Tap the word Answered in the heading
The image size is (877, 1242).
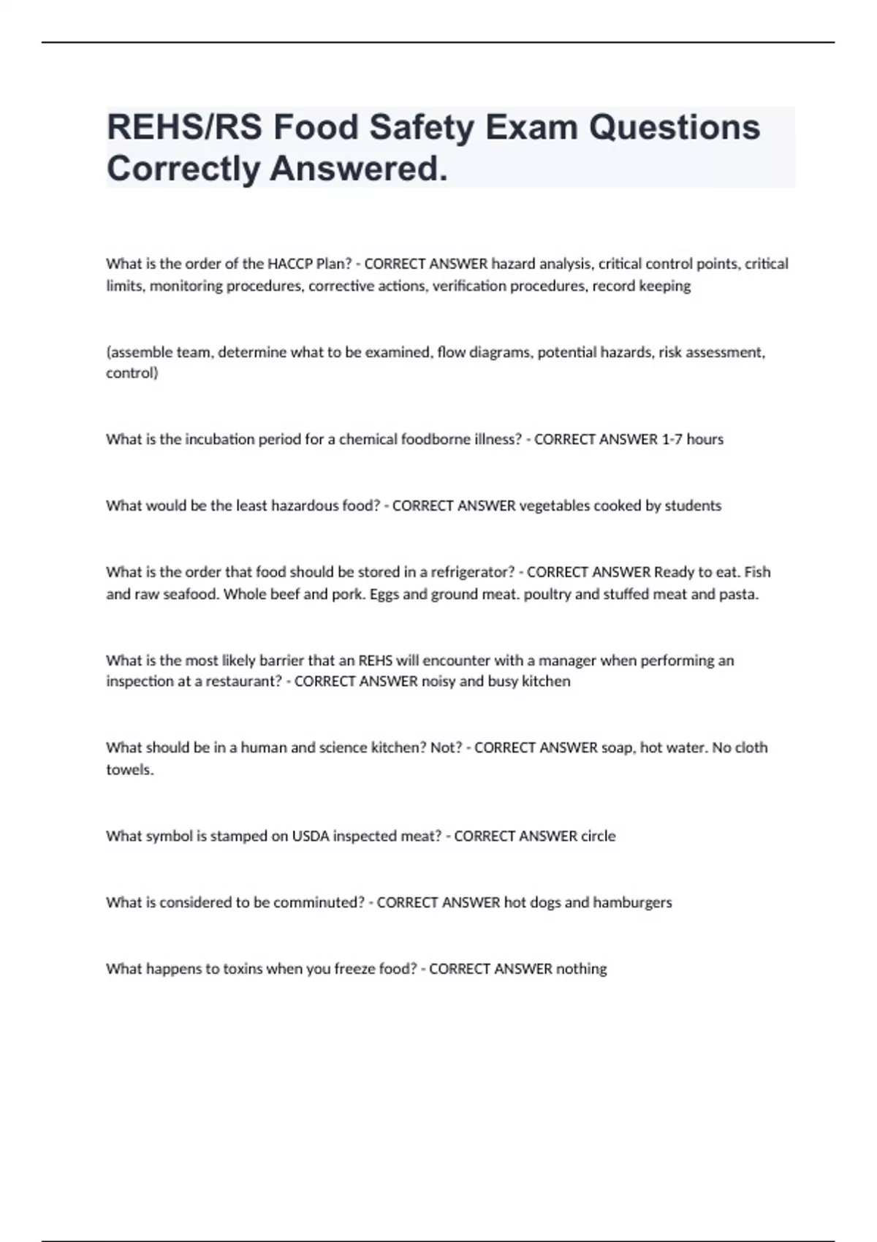coord(358,169)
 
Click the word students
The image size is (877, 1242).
coord(693,506)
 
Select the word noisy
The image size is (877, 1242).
coord(438,682)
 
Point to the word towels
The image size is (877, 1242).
coord(129,769)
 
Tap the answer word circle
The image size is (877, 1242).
coord(598,836)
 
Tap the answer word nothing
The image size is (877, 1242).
coord(581,969)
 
